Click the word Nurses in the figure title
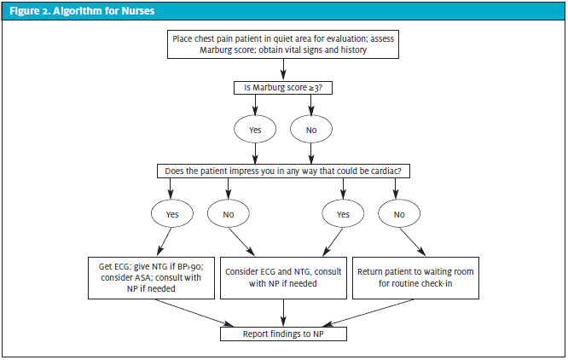point(138,11)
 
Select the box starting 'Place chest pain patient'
point(283,44)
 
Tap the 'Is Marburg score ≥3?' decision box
point(283,88)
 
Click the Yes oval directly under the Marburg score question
point(255,130)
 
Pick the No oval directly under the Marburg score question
point(311,130)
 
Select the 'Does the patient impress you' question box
point(283,171)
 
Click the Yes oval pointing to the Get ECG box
point(172,213)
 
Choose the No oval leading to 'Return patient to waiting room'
point(399,213)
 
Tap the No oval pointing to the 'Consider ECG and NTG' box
point(229,213)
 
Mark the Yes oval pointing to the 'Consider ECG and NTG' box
point(343,213)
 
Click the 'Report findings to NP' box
point(283,334)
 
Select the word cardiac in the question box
point(386,171)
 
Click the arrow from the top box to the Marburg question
point(283,69)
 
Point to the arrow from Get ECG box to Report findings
point(194,312)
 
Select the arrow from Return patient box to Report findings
point(368,312)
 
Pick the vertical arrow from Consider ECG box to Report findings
point(283,312)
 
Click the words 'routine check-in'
point(415,283)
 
